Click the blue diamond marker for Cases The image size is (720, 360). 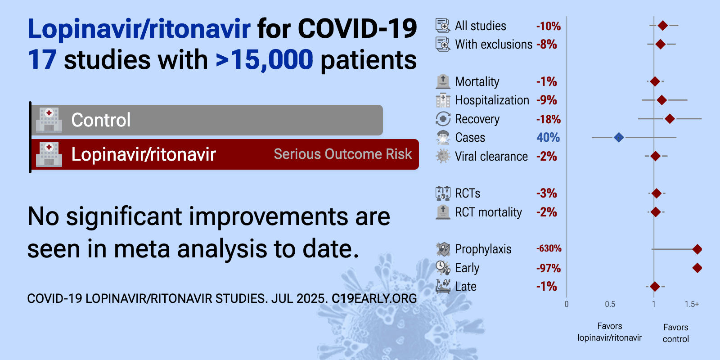[x=619, y=138]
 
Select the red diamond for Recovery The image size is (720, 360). [x=670, y=119]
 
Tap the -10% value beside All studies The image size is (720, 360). [x=549, y=26]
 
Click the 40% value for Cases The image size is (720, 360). [x=548, y=138]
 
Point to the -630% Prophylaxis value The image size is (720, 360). [x=549, y=248]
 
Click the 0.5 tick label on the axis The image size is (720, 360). [x=610, y=304]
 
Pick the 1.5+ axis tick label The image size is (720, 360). [x=692, y=304]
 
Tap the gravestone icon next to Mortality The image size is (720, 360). [x=443, y=81]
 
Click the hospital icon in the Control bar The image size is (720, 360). [x=49, y=120]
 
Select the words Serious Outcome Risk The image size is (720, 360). [x=342, y=154]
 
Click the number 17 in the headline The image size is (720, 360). [x=42, y=60]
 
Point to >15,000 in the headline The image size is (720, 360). [x=264, y=60]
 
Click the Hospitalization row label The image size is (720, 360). [x=492, y=100]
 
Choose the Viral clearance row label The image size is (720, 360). [x=491, y=157]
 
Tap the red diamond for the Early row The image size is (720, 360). [x=697, y=268]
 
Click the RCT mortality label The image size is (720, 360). [x=489, y=212]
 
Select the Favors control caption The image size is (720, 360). [x=675, y=333]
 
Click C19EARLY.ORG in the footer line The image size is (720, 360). [x=374, y=299]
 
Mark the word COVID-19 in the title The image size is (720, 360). [x=357, y=29]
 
